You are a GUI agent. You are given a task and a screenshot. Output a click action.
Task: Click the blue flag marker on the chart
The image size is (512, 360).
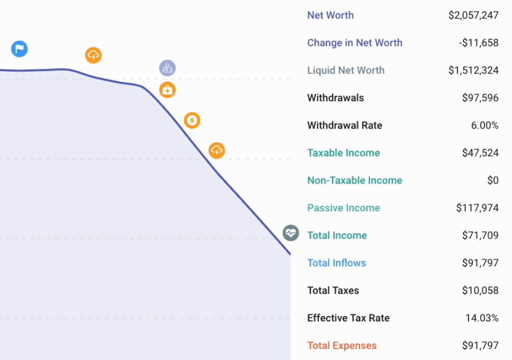(x=20, y=49)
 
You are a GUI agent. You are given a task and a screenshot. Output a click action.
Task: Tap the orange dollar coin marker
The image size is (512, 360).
(x=192, y=121)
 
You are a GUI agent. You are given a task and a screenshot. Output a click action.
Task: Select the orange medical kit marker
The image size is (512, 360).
(x=167, y=90)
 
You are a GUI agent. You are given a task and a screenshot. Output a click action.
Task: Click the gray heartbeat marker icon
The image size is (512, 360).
(x=291, y=233)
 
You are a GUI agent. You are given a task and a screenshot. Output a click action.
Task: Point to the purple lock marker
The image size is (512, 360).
(x=167, y=68)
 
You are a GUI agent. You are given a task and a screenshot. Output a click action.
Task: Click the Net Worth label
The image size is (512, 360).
(x=330, y=15)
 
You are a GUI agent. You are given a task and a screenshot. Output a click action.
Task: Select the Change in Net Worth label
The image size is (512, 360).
(x=355, y=43)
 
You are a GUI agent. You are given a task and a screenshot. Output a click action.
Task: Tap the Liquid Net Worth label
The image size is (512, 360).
(x=345, y=70)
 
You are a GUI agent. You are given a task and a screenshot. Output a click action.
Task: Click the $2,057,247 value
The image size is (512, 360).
(x=473, y=15)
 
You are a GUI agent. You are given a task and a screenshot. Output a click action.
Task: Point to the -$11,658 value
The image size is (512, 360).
(x=478, y=43)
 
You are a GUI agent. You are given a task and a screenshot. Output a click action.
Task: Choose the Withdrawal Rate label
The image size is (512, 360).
(x=344, y=126)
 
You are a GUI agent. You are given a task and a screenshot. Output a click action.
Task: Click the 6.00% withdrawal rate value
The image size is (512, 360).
(x=484, y=126)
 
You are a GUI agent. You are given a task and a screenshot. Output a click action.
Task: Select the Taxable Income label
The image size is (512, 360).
(x=343, y=153)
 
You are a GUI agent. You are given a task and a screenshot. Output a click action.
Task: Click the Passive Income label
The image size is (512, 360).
(x=343, y=208)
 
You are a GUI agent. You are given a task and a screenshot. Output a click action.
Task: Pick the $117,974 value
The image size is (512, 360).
(x=477, y=208)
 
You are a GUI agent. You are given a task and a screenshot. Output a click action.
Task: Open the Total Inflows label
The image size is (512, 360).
(x=336, y=263)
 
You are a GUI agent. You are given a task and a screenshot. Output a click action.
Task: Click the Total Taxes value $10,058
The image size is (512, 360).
(x=480, y=291)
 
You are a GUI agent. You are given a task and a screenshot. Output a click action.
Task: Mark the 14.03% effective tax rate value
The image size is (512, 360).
(x=482, y=318)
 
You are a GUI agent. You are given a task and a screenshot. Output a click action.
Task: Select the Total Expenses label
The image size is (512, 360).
(x=342, y=346)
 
